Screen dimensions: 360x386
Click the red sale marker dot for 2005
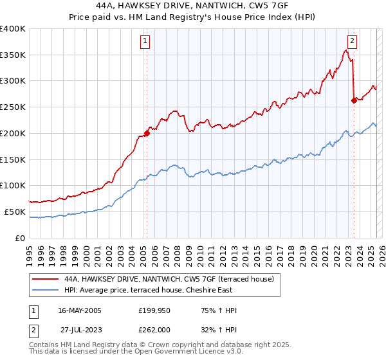click(x=147, y=133)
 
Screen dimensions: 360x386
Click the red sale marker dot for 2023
click(x=354, y=100)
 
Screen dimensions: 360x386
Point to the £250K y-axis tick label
click(x=13, y=107)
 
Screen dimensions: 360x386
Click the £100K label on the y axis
click(x=13, y=185)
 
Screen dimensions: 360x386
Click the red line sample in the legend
click(x=46, y=279)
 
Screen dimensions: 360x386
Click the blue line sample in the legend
click(x=46, y=290)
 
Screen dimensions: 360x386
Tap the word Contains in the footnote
click(x=45, y=346)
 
